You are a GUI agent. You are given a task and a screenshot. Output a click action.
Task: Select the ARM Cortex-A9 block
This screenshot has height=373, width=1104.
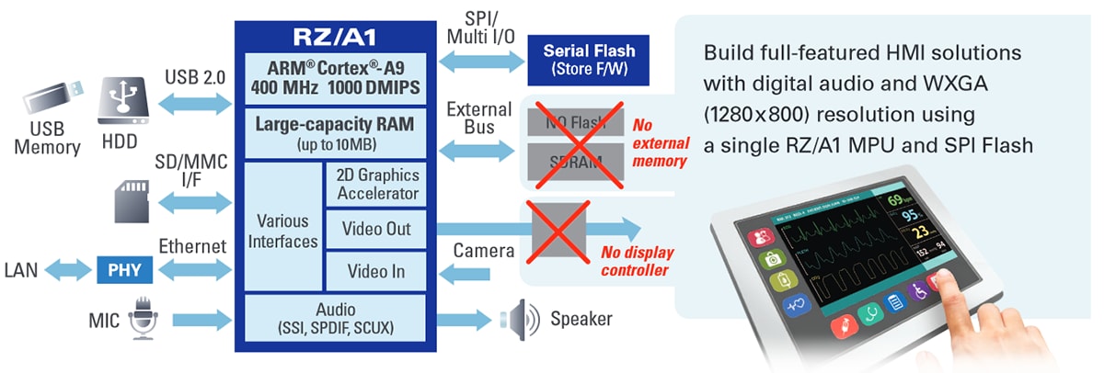(x=335, y=79)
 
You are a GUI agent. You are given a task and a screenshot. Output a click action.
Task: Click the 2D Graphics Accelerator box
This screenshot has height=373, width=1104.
(x=377, y=184)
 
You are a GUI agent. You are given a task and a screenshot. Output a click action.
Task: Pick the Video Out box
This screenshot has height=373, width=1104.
(x=377, y=229)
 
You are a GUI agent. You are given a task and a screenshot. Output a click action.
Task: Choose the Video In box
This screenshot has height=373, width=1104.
(x=377, y=271)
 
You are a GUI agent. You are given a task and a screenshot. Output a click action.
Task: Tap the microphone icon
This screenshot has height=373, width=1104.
(x=143, y=318)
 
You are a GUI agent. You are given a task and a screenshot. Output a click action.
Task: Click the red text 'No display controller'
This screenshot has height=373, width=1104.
(x=638, y=261)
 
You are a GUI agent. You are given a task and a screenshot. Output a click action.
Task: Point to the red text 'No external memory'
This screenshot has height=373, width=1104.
(x=659, y=141)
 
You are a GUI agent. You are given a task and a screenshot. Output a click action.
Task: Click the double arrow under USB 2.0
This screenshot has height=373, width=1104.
(x=192, y=104)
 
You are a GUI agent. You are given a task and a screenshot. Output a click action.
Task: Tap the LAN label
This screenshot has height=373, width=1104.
(x=21, y=270)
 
